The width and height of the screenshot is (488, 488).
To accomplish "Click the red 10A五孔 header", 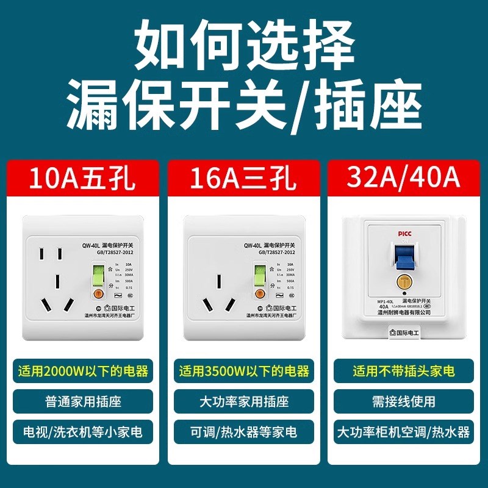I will (x=83, y=180).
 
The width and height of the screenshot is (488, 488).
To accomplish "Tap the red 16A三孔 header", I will (x=244, y=180).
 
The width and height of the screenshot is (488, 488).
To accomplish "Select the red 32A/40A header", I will (x=404, y=180).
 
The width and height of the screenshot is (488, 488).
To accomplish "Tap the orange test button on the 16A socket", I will (x=258, y=293).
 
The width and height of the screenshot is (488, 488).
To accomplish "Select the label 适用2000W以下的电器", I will (x=83, y=371).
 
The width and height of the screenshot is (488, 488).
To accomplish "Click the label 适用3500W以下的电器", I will (x=244, y=371).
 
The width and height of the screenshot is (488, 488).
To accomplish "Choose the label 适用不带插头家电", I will (x=404, y=371).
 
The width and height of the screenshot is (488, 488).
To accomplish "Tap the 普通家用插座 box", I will (x=83, y=402).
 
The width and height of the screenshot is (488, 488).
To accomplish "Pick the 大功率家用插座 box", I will (x=244, y=402).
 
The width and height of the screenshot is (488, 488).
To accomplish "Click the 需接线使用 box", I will (x=404, y=402).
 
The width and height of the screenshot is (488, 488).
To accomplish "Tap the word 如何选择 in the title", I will (x=244, y=46).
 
